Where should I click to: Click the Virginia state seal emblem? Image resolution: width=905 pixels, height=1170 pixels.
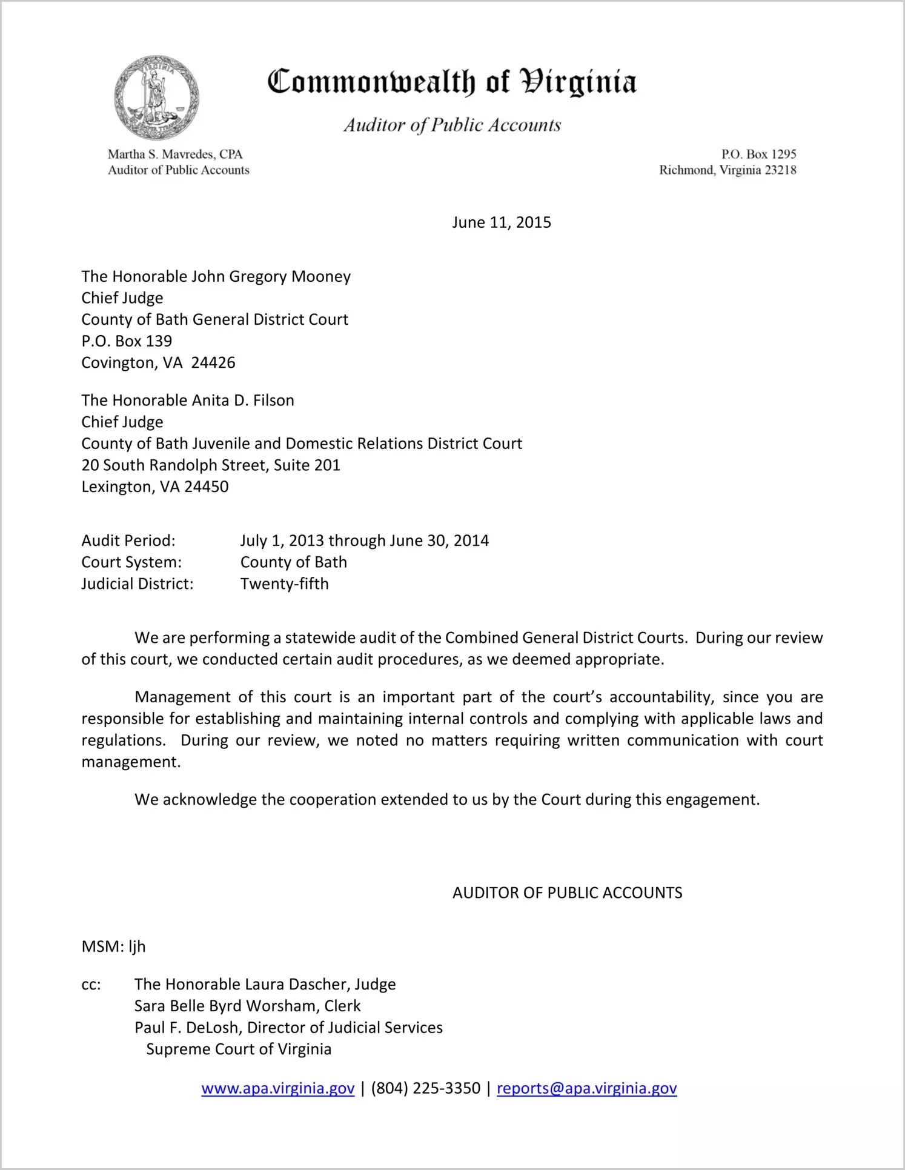click(x=157, y=98)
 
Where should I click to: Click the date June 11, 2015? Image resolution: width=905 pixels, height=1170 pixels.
click(x=501, y=222)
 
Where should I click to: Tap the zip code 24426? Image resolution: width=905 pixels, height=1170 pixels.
click(x=213, y=362)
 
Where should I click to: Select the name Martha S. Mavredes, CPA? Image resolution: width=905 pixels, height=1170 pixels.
click(x=175, y=155)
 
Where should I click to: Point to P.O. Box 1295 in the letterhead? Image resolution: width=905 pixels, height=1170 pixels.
click(x=758, y=155)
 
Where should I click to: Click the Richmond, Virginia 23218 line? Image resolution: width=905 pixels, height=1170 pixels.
click(x=728, y=170)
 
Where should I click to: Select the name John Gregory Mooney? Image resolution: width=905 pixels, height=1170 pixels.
click(x=271, y=276)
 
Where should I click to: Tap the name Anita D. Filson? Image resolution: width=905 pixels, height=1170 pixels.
click(x=243, y=400)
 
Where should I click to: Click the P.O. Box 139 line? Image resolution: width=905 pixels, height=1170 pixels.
click(x=127, y=341)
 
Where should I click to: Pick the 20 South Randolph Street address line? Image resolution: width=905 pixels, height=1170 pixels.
click(x=211, y=465)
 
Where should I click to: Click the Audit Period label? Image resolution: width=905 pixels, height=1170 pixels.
click(x=128, y=540)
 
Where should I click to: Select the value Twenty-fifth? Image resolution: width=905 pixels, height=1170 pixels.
click(x=285, y=583)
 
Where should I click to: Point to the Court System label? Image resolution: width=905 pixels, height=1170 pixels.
click(x=131, y=562)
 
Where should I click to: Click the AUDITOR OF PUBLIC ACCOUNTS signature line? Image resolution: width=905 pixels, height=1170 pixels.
click(x=567, y=892)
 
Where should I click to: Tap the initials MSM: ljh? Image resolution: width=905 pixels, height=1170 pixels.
click(x=113, y=946)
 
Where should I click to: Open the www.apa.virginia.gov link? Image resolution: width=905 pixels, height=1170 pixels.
click(x=277, y=1088)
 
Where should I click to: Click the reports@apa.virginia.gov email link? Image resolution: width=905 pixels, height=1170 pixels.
click(x=586, y=1088)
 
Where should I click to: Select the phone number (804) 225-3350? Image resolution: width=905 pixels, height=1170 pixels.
click(x=425, y=1088)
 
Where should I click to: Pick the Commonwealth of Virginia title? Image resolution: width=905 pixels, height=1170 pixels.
click(x=452, y=82)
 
